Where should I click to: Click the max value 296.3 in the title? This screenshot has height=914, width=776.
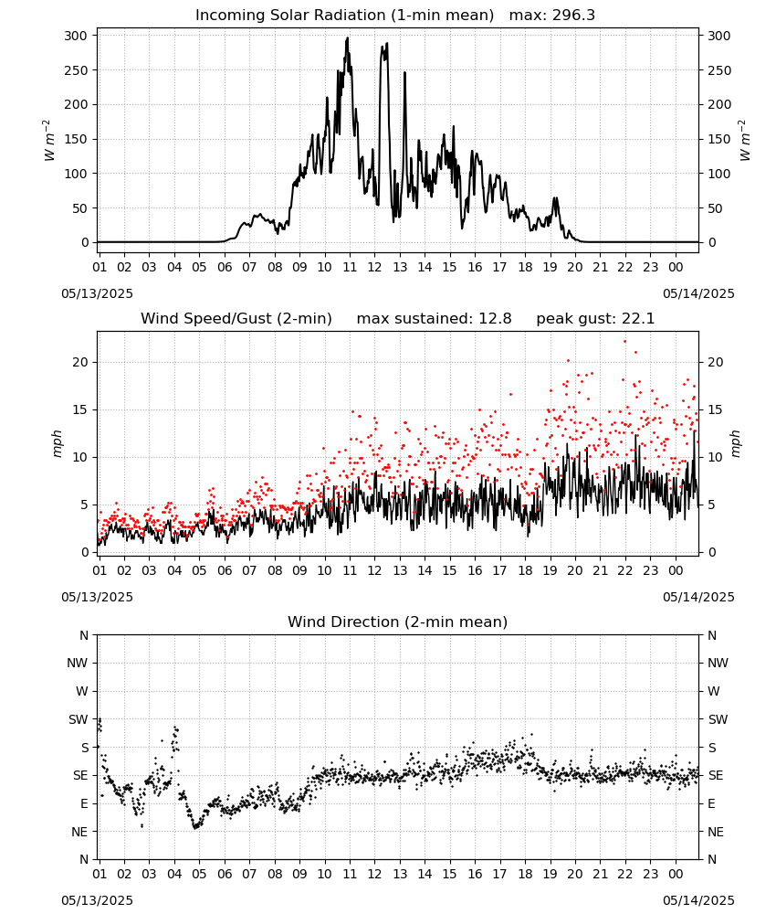click(x=573, y=16)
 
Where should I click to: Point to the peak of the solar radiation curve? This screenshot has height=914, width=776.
click(x=348, y=38)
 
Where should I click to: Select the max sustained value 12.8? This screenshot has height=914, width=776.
click(x=495, y=319)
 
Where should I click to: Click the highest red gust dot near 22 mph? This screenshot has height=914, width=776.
click(x=624, y=342)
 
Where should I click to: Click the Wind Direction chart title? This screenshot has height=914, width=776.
click(x=398, y=622)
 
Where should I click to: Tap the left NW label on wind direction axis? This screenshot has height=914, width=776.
click(x=78, y=663)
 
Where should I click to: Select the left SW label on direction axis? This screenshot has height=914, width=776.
click(x=78, y=719)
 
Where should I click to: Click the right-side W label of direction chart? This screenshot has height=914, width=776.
click(x=714, y=691)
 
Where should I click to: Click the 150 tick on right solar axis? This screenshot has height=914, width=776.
click(x=719, y=139)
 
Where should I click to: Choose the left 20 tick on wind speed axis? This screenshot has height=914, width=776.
click(x=80, y=362)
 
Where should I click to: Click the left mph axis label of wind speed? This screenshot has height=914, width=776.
click(x=57, y=443)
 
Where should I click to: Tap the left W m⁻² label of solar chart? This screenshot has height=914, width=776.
click(x=49, y=141)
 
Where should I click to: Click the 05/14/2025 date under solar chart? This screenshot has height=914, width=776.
click(x=698, y=293)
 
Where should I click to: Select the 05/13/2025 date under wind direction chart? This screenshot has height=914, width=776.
click(x=97, y=900)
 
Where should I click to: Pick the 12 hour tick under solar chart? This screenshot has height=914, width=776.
click(x=374, y=267)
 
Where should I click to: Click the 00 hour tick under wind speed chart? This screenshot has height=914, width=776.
click(x=676, y=570)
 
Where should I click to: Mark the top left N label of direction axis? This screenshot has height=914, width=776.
click(x=84, y=635)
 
